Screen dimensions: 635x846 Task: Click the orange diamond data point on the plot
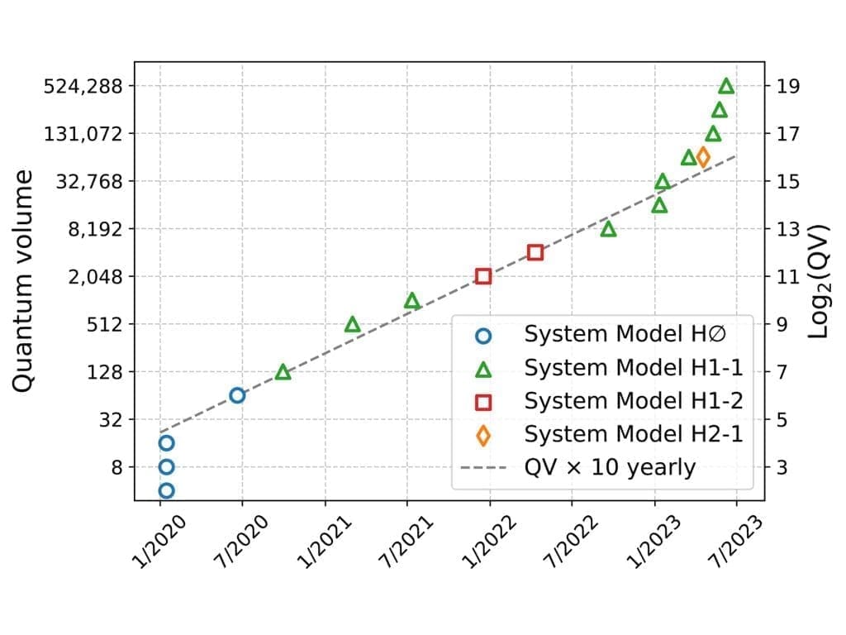(703, 157)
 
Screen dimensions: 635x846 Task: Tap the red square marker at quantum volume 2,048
(483, 276)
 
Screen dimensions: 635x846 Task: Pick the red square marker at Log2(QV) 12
(535, 252)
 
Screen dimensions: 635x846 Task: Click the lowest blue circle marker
(166, 490)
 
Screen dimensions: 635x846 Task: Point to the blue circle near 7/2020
(237, 395)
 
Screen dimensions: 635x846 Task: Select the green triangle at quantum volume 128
(283, 372)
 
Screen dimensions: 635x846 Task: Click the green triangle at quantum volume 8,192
(609, 229)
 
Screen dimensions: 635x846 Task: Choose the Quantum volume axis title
(24, 281)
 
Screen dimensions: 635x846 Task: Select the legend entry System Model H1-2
(633, 401)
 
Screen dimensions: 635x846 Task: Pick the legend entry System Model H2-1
(633, 434)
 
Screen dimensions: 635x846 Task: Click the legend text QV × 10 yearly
(610, 467)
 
